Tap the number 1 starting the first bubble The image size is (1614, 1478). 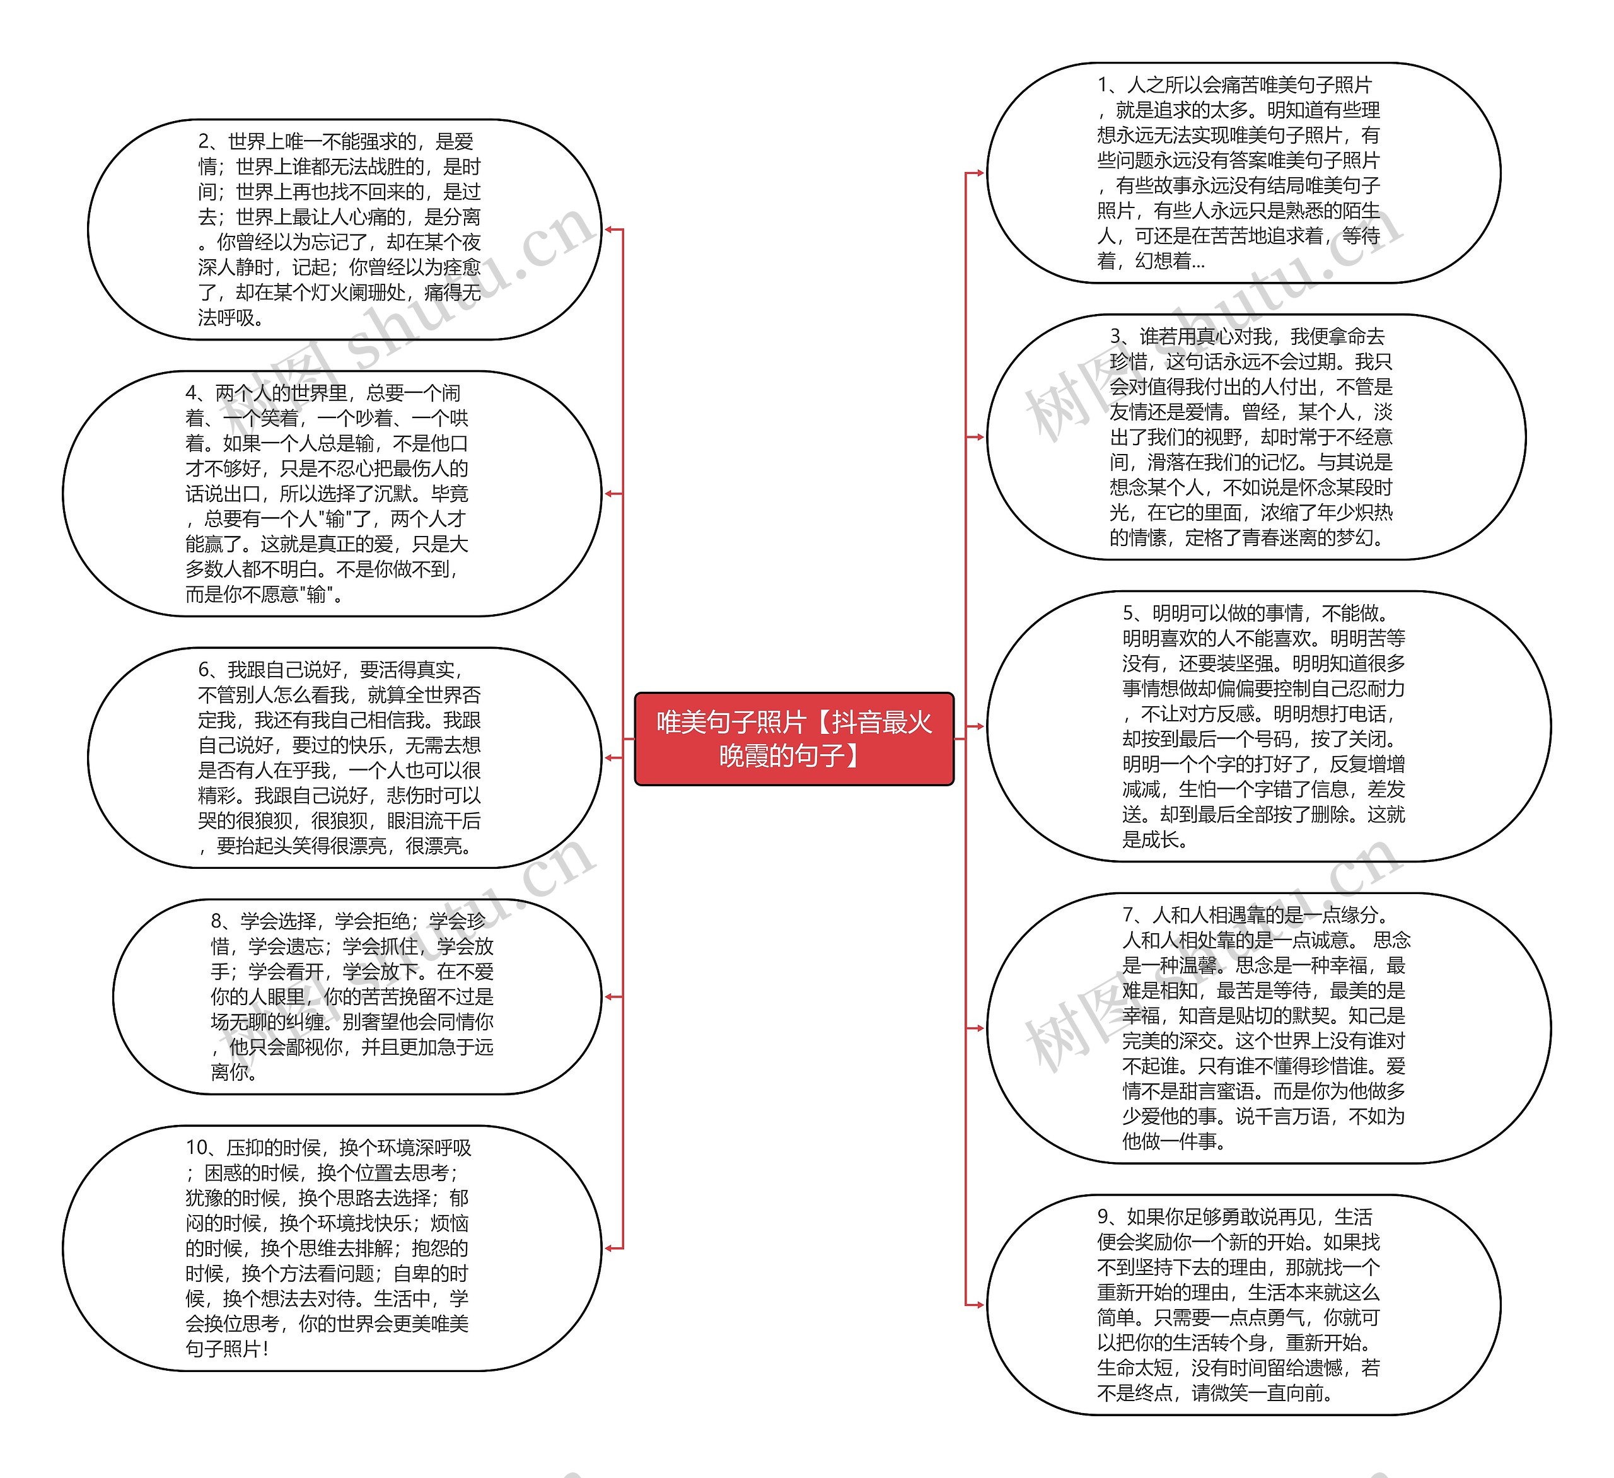click(1103, 85)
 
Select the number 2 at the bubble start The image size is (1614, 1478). click(204, 142)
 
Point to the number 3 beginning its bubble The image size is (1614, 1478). click(1115, 336)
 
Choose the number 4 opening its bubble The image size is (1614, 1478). click(191, 393)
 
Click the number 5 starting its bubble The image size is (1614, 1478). click(1128, 614)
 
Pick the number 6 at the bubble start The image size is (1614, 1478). click(204, 670)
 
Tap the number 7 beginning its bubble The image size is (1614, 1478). click(1128, 914)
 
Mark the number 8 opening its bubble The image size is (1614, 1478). click(217, 921)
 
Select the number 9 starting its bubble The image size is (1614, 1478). click(1103, 1217)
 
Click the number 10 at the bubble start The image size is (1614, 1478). click(196, 1148)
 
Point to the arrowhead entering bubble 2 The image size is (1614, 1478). click(609, 230)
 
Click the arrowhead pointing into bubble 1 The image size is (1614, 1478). click(979, 172)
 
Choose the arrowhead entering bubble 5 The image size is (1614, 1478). click(979, 726)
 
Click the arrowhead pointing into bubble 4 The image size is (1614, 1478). click(609, 493)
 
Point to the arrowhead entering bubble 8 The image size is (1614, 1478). click(609, 996)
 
